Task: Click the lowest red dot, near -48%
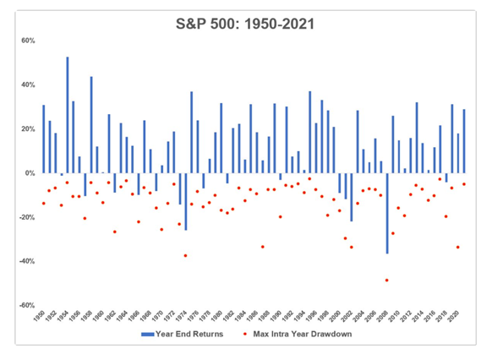387,280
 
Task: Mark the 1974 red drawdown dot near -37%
186,255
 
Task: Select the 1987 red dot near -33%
263,247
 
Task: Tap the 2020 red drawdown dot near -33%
457,247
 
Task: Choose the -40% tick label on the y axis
25,261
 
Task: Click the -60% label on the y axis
25,305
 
